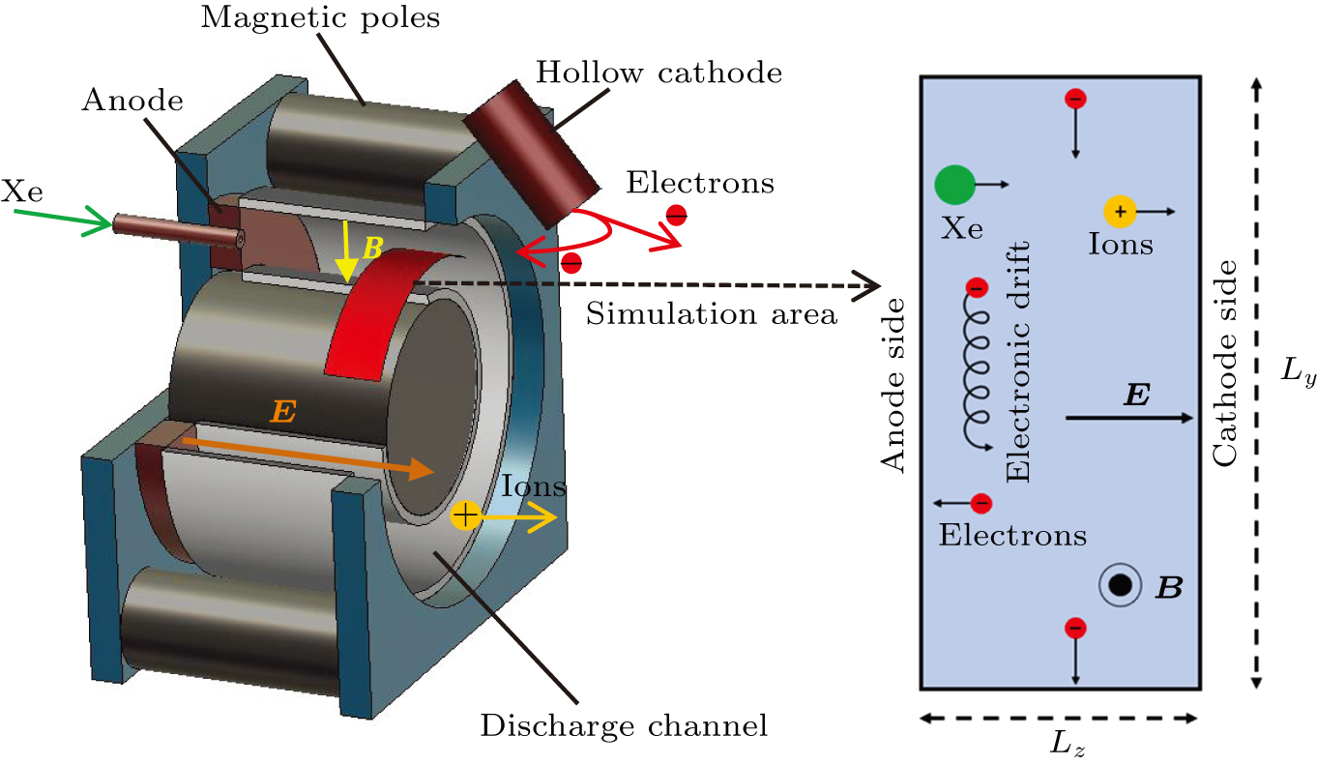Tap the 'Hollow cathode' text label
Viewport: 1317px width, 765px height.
tap(658, 72)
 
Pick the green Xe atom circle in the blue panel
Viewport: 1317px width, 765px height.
tap(954, 184)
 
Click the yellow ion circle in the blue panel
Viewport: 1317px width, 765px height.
tap(1120, 211)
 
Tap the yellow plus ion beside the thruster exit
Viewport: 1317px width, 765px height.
tap(465, 515)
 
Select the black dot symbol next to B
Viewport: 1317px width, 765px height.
tap(1119, 584)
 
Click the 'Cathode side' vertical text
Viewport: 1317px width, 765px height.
tap(1226, 363)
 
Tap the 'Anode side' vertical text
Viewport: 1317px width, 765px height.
tap(895, 385)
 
